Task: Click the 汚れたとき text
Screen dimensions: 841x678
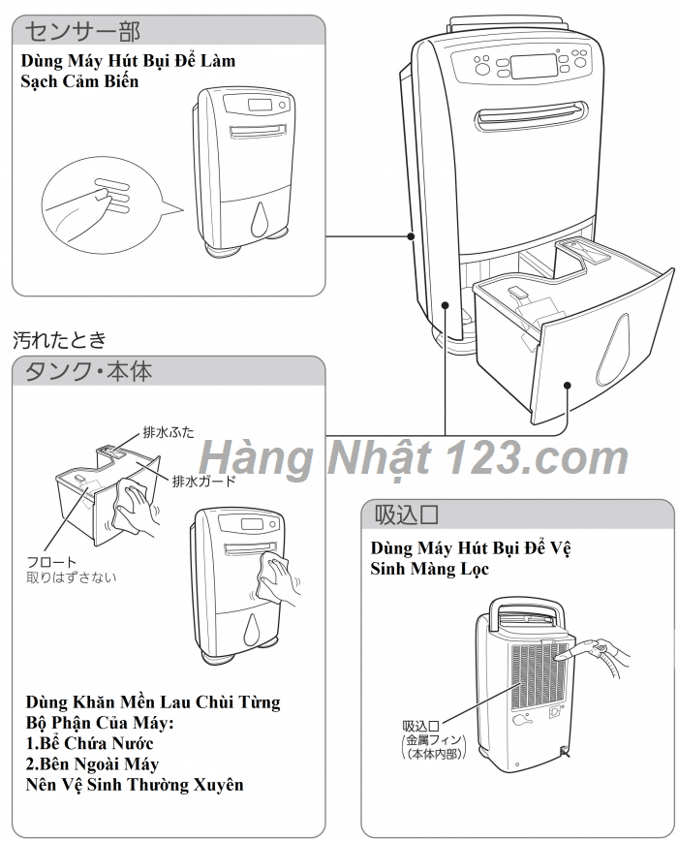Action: click(x=59, y=340)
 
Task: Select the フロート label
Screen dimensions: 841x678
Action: click(x=51, y=562)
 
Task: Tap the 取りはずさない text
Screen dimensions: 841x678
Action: click(x=71, y=577)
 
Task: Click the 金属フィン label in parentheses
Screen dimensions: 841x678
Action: click(x=433, y=740)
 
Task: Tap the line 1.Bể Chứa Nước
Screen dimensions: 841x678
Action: click(x=89, y=743)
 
